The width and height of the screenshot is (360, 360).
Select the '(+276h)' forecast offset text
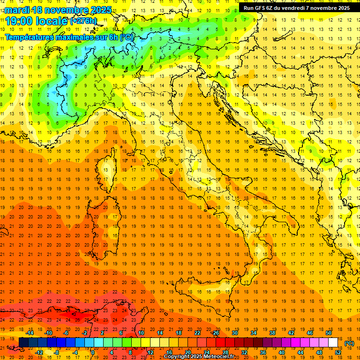pyautogui.click(x=83, y=21)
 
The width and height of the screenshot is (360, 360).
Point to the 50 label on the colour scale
pyautogui.click(x=328, y=333)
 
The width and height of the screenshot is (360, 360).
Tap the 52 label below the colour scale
pyautogui.click(x=337, y=352)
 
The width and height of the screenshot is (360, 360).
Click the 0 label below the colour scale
pyautogui.click(x=93, y=352)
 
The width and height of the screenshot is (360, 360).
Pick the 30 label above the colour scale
pyautogui.click(x=234, y=333)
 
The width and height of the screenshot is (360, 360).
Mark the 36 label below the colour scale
pyautogui.click(x=262, y=352)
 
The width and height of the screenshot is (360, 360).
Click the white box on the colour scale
pyautogui.click(x=333, y=342)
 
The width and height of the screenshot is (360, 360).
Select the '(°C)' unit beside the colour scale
pyautogui.click(x=349, y=343)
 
